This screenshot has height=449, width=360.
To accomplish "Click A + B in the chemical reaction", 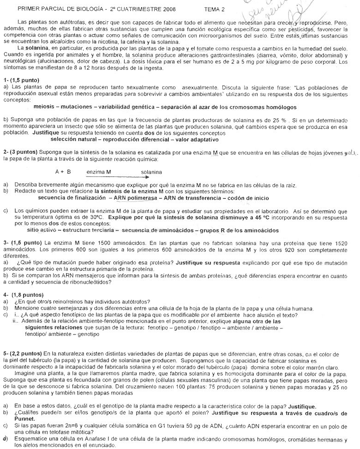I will (63, 172).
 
